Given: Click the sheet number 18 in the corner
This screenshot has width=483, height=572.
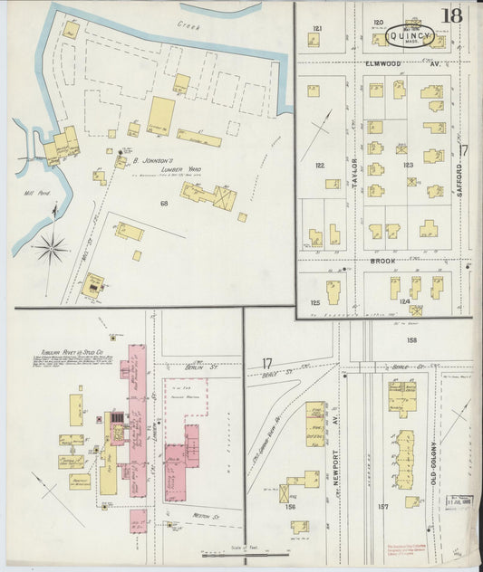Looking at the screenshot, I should pos(452,16).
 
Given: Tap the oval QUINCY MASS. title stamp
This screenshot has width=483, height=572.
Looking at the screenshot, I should pos(411,37).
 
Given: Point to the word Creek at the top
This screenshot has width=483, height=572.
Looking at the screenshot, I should pos(188,27).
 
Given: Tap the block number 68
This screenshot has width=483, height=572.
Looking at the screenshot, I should pos(164,204).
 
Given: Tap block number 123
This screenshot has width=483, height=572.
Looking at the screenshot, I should pos(409,165).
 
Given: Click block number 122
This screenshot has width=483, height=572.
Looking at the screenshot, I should pos(319,166).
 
